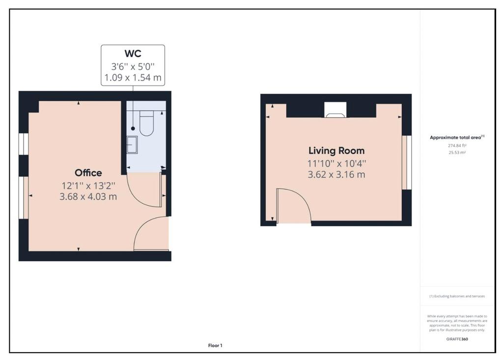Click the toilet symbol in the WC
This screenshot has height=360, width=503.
click(147, 123)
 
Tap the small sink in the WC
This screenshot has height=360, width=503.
click(132, 145)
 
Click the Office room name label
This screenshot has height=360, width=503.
click(88, 173)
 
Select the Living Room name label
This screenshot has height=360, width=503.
click(336, 151)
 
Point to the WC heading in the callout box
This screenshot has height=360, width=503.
click(133, 53)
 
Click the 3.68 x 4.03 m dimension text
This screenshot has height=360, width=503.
click(88, 196)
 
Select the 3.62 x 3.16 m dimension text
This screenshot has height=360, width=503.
click(336, 174)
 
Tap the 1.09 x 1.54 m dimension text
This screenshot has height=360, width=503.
click(133, 78)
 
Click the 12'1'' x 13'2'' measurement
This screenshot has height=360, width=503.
click(88, 186)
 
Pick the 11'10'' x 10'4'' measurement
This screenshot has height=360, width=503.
click(336, 164)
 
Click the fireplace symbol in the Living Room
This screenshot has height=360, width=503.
click(335, 110)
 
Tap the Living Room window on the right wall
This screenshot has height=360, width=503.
click(407, 163)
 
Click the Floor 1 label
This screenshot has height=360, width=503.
click(215, 346)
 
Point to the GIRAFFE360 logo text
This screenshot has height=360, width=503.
click(457, 339)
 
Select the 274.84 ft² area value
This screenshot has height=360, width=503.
click(457, 146)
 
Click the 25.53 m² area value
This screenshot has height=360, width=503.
click(457, 153)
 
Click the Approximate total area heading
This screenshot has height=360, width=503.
click(457, 138)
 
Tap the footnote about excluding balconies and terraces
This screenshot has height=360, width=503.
click(457, 296)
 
